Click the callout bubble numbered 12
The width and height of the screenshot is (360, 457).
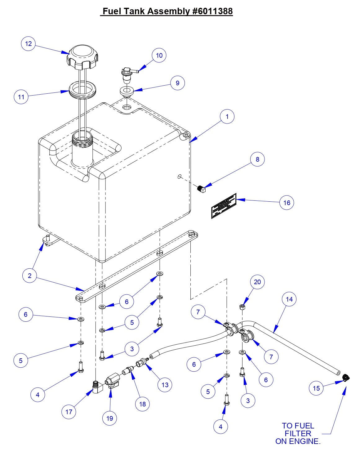(28, 43)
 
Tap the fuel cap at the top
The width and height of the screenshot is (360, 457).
(82, 57)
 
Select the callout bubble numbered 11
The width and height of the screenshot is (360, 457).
(21, 97)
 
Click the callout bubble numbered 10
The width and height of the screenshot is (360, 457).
(159, 55)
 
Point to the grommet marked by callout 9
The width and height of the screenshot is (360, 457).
(127, 92)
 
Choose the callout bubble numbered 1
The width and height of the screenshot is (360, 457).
(227, 117)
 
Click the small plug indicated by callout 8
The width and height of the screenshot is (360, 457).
(202, 189)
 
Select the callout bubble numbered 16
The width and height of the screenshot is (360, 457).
(287, 203)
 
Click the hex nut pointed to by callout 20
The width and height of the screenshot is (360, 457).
(242, 307)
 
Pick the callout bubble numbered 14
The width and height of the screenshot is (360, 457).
(289, 299)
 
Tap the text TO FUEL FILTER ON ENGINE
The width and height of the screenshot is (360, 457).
(298, 433)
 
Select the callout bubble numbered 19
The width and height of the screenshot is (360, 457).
(110, 418)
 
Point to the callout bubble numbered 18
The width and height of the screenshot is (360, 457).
(142, 404)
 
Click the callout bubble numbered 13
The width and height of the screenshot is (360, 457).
(165, 385)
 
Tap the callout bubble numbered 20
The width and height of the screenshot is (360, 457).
(257, 282)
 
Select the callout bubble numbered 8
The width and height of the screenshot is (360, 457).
(257, 159)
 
